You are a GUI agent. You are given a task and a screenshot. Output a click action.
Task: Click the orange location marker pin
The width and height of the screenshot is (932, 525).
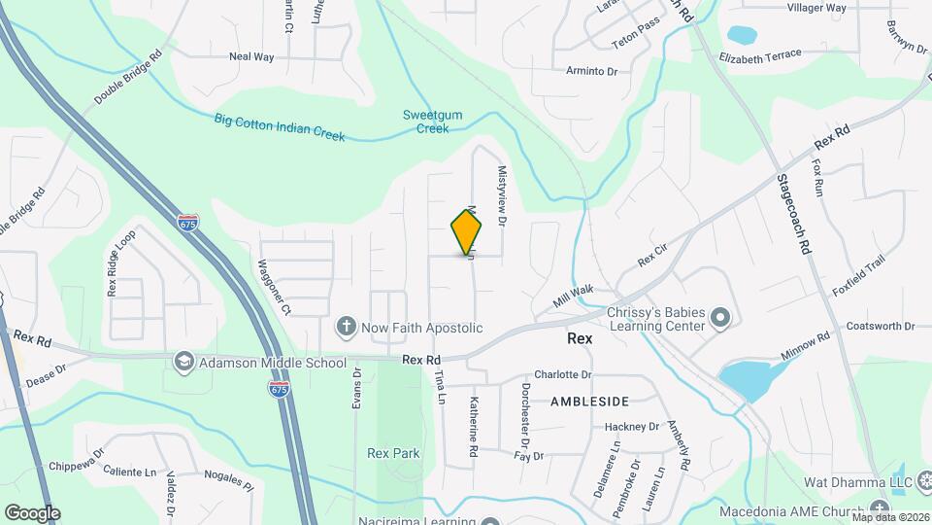(466, 231)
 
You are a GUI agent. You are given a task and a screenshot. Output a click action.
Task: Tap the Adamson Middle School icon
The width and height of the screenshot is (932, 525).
(182, 363)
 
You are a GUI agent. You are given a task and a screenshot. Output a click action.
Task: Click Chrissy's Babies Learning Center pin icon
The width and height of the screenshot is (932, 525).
(719, 318)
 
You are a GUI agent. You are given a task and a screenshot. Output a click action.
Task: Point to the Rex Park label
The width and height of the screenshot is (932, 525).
(393, 453)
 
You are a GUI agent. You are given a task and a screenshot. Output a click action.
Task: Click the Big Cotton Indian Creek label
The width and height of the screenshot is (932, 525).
(279, 127)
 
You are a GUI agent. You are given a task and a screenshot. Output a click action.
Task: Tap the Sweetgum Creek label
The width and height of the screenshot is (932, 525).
(433, 122)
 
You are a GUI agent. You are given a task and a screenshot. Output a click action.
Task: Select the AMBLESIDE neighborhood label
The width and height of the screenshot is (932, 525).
(589, 401)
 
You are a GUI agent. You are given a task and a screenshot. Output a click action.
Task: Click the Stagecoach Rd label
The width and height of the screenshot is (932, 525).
(791, 214)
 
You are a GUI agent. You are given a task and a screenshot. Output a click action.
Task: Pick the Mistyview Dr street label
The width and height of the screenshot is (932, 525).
(503, 194)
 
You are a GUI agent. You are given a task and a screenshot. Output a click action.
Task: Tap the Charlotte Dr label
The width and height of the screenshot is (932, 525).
(562, 374)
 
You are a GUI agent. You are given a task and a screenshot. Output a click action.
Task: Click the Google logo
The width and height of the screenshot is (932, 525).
(31, 512)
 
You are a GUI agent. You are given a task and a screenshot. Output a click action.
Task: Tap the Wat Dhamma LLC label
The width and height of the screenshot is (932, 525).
(831, 482)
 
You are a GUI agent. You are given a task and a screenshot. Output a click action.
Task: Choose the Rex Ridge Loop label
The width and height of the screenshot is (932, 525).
(122, 263)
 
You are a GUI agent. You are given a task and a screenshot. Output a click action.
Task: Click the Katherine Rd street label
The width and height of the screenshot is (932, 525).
(474, 426)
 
